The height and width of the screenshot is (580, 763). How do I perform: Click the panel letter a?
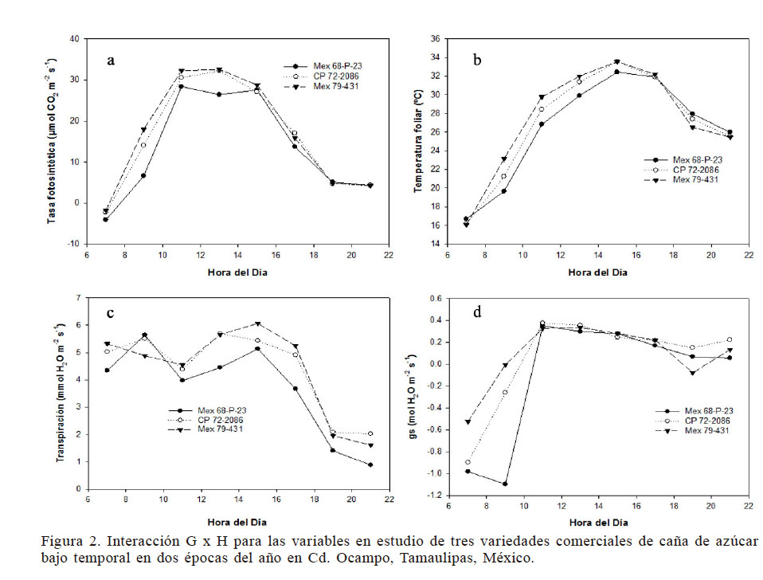point(112,61)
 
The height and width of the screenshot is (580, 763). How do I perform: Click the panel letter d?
point(477,312)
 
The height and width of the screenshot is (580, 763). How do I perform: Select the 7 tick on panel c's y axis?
point(79,298)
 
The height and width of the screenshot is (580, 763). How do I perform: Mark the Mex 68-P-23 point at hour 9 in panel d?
point(505,484)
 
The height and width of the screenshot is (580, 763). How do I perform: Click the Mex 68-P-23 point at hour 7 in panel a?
point(105,219)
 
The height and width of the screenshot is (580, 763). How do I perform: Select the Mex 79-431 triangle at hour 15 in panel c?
point(257,323)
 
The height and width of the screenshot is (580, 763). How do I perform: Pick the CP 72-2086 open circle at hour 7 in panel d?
point(468,462)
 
